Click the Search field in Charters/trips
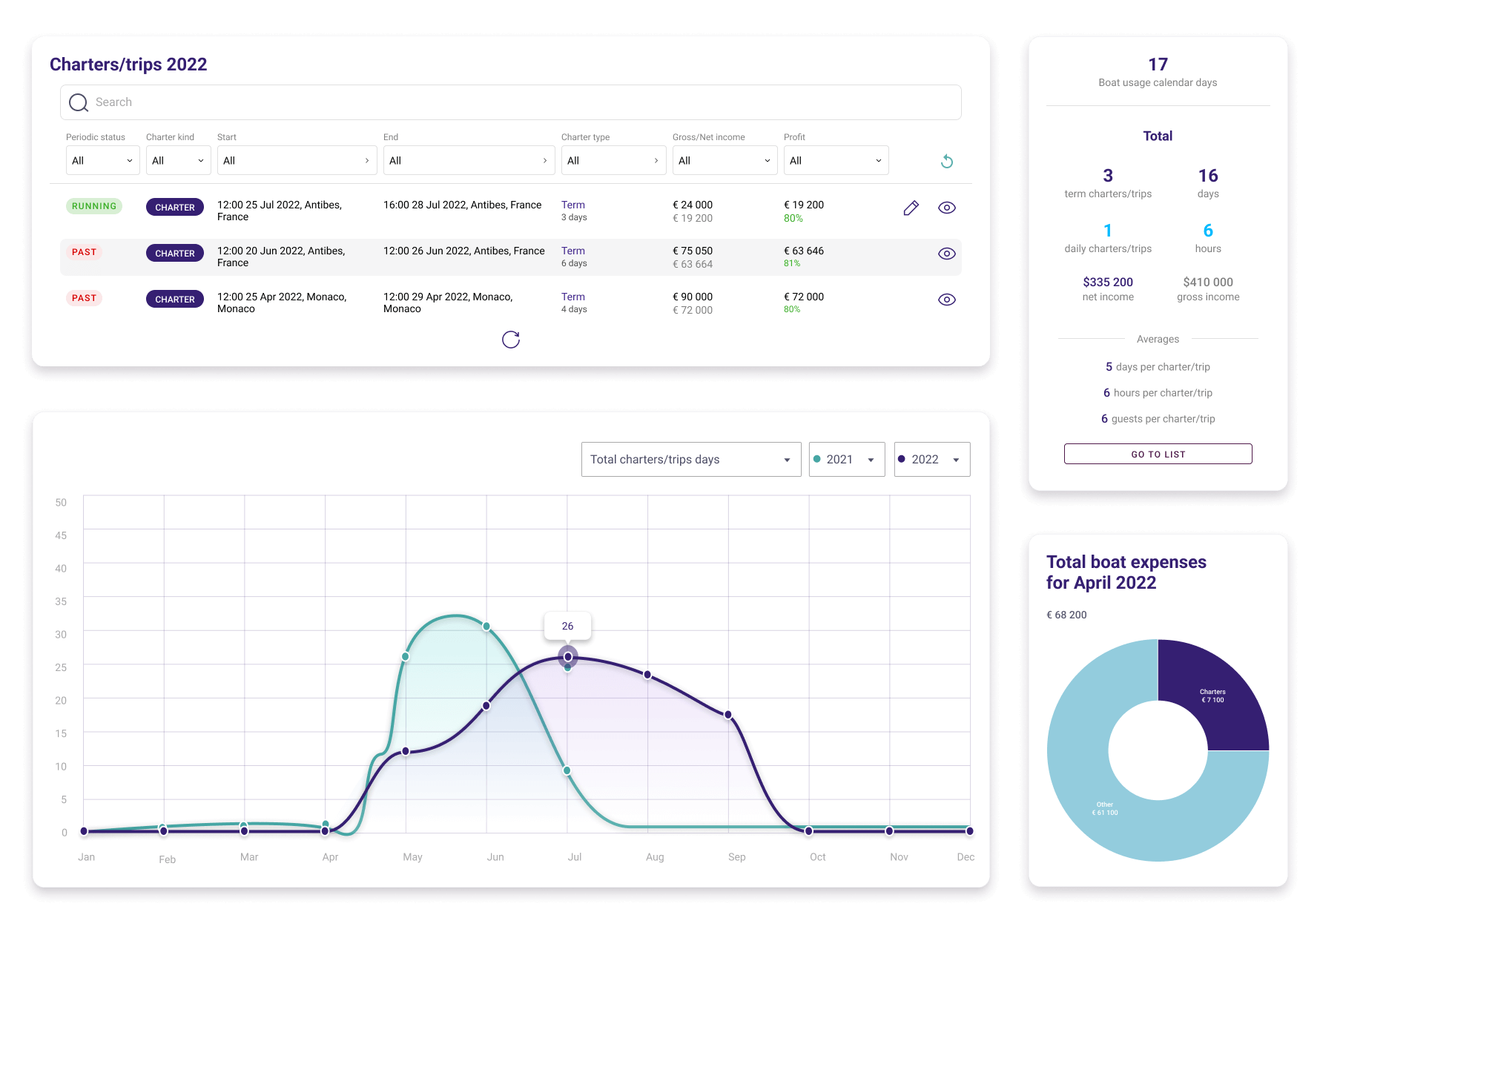coord(510,102)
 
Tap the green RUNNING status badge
coord(94,206)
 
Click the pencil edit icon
coord(911,208)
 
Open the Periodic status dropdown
coord(102,160)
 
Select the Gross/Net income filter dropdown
coord(725,160)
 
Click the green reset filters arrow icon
coord(946,161)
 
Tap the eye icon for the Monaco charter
coord(946,300)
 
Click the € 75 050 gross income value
coord(692,251)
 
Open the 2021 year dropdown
coord(846,460)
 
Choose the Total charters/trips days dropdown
coord(690,460)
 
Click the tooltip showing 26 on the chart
coord(567,626)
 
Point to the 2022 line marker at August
coord(647,675)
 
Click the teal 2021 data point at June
coord(486,627)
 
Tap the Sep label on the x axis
coord(736,857)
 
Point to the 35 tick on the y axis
coord(61,601)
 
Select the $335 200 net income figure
coord(1108,282)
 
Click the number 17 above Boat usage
coord(1158,65)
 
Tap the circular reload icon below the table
coord(510,340)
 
